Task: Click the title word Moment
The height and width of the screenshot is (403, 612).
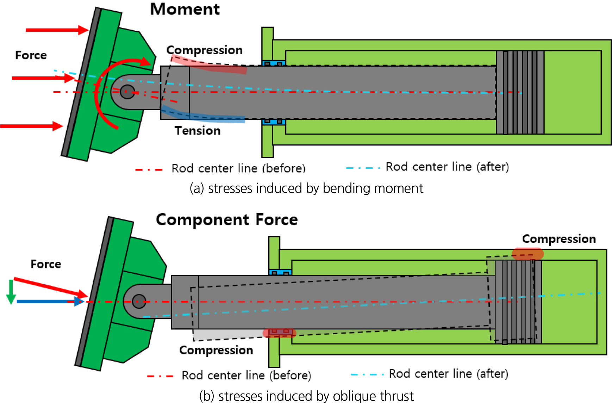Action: coord(185,9)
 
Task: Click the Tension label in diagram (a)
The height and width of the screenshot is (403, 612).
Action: coord(198,131)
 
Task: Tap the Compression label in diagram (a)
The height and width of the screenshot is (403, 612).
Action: coord(204,50)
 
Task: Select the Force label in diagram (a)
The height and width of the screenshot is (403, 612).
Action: coord(31,55)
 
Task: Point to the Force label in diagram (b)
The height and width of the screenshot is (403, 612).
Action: coord(46,264)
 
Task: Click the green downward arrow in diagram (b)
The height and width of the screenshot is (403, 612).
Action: coord(11,292)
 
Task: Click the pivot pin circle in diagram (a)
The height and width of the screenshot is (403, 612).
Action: coord(127,92)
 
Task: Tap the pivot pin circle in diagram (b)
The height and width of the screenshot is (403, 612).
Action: coord(139,301)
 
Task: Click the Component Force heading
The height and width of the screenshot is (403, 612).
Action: coord(227,220)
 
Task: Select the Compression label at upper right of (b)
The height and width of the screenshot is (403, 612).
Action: coord(559,239)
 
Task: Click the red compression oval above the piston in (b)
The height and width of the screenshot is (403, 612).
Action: coord(527,254)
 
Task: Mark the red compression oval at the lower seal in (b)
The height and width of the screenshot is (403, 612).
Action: coord(280,333)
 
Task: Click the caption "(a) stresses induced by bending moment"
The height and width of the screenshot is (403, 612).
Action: coord(306,188)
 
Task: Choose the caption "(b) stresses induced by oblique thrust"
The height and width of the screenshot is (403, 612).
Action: coord(306,396)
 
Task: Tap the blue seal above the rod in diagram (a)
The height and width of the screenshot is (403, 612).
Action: coord(274,63)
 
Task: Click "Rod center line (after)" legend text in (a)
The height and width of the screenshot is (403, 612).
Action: coord(447,167)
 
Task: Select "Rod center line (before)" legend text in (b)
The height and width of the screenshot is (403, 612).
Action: coord(246,376)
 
